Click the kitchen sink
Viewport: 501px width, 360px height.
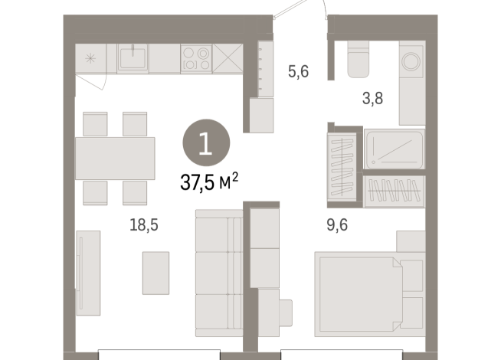coord(133,57)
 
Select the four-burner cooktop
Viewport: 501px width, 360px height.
coord(196,58)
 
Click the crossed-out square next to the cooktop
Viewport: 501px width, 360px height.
coord(228,58)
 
